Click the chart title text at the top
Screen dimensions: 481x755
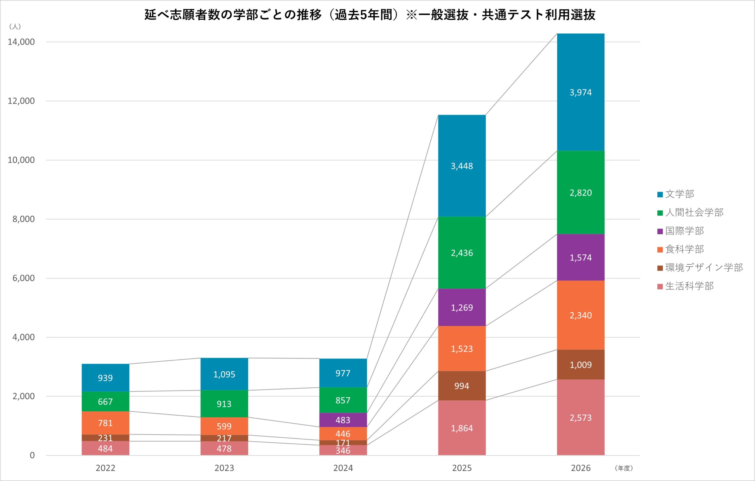370,15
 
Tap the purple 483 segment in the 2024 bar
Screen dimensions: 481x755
343,420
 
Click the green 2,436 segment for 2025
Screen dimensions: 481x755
462,252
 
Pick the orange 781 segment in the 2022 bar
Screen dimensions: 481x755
105,423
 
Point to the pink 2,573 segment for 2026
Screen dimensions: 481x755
580,417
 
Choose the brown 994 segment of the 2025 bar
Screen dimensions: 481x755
462,386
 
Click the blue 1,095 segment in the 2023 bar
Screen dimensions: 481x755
224,374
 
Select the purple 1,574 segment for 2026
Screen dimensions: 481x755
580,257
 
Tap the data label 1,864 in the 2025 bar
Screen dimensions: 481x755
462,428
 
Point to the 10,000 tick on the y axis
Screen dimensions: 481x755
21,160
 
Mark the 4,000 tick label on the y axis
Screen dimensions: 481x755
23,337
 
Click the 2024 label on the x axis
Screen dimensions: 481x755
343,468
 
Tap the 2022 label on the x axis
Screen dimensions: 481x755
105,468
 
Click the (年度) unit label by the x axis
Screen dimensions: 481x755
624,468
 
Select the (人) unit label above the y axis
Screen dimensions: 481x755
15,27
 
